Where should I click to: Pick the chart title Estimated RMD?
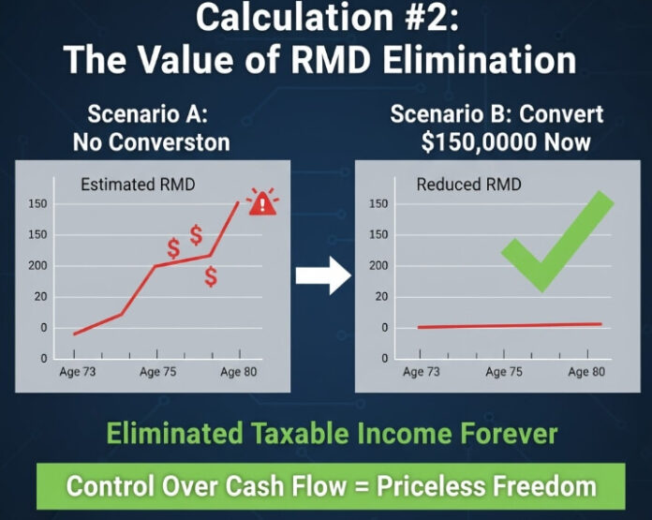[138, 185]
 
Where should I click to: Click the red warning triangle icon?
[262, 202]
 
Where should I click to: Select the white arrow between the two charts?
[322, 275]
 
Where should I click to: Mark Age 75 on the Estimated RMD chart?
[157, 372]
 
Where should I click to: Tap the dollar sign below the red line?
[211, 277]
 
